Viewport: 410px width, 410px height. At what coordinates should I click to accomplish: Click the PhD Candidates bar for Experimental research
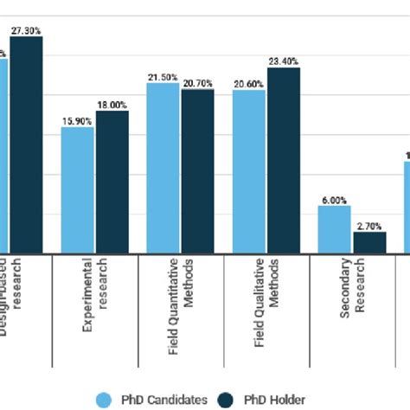[x=78, y=190]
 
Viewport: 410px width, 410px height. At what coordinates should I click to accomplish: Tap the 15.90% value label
[x=77, y=120]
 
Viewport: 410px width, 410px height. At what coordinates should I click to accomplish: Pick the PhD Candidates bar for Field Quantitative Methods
[x=163, y=168]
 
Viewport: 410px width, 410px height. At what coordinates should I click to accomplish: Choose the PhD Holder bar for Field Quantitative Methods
[x=197, y=171]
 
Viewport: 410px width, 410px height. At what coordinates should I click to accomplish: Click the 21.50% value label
[x=163, y=77]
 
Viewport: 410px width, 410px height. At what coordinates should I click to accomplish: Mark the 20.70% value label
[x=198, y=82]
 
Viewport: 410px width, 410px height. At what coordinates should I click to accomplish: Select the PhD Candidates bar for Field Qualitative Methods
[x=249, y=171]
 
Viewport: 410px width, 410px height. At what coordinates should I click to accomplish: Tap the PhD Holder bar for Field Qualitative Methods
[x=284, y=160]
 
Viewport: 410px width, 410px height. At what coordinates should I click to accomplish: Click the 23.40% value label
[x=284, y=61]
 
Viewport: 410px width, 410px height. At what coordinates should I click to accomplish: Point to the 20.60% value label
[x=248, y=83]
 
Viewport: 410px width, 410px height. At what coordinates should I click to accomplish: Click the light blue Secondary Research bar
[x=335, y=229]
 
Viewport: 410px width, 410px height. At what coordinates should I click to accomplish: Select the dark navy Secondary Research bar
[x=369, y=243]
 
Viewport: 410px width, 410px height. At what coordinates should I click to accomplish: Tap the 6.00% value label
[x=334, y=199]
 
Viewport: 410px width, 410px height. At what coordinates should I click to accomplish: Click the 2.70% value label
[x=369, y=225]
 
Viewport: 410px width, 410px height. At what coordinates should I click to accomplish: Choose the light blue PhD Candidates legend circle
[x=105, y=399]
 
